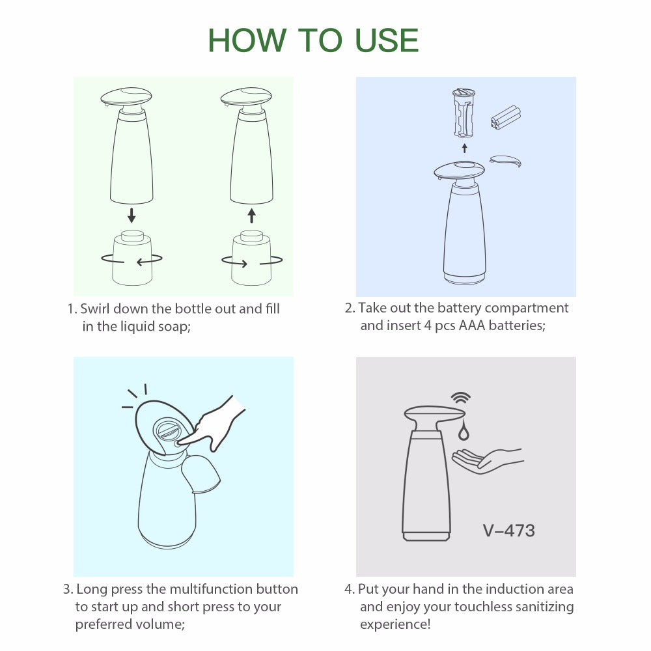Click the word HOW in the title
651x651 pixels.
[x=247, y=40]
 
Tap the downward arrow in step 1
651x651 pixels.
[x=132, y=215]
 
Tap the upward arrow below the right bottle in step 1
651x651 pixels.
[x=252, y=215]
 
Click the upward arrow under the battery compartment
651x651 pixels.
[x=464, y=148]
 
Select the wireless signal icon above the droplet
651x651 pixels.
[x=462, y=398]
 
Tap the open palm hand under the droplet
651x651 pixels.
[x=485, y=459]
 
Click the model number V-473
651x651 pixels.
[x=508, y=530]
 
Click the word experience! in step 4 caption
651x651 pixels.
[x=395, y=624]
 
